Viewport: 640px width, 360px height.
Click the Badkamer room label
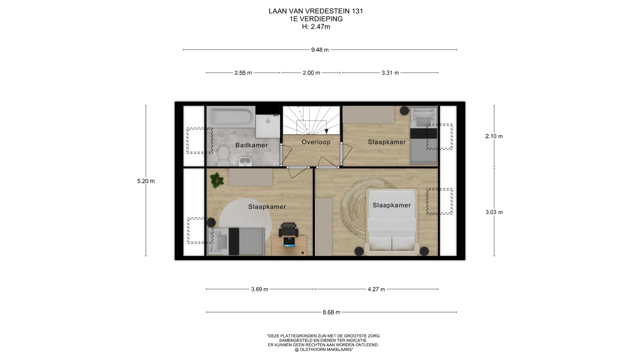coord(251,145)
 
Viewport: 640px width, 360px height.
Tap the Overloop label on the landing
coord(316,142)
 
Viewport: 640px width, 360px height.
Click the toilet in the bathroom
coord(223,156)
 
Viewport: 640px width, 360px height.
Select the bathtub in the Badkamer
coord(231,116)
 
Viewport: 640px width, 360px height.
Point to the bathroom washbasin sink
coord(245,162)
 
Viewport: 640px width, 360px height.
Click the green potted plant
coord(217,180)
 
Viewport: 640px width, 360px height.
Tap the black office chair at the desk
coord(289,229)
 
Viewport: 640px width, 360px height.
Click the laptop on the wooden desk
coord(289,242)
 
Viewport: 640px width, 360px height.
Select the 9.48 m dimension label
coord(320,50)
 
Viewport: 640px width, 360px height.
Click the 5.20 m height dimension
coord(146,181)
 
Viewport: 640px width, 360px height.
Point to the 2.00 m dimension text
coord(311,73)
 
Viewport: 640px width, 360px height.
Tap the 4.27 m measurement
coord(376,289)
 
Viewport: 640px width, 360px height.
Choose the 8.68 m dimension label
coord(331,312)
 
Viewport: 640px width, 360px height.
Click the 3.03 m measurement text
coord(494,212)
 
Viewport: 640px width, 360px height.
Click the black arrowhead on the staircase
coord(326,131)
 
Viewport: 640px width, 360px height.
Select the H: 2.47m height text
coord(316,27)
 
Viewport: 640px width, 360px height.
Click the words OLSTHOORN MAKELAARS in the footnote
coord(326,350)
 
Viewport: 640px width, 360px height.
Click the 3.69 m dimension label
coord(260,289)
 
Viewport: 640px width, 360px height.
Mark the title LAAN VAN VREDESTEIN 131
coord(316,11)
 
